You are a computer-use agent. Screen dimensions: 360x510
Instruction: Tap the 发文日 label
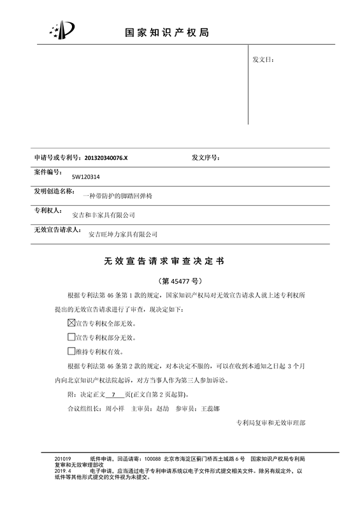click(x=263, y=60)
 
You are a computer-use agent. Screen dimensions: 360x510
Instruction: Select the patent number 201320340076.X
click(x=106, y=157)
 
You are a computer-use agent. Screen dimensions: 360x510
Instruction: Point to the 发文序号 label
click(x=206, y=157)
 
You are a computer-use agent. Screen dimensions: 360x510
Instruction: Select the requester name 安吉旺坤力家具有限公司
click(x=122, y=235)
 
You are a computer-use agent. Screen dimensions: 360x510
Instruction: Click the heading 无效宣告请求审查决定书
click(x=164, y=261)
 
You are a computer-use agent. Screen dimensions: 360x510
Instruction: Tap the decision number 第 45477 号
click(x=180, y=280)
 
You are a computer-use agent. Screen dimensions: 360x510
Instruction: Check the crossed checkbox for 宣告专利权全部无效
click(x=71, y=323)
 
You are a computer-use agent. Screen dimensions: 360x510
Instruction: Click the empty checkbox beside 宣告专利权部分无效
click(x=71, y=337)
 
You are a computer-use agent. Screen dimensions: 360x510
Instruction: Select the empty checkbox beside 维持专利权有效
click(x=71, y=351)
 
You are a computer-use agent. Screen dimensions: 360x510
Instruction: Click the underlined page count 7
click(x=113, y=395)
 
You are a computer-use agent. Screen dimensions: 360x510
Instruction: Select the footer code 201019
click(x=63, y=459)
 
